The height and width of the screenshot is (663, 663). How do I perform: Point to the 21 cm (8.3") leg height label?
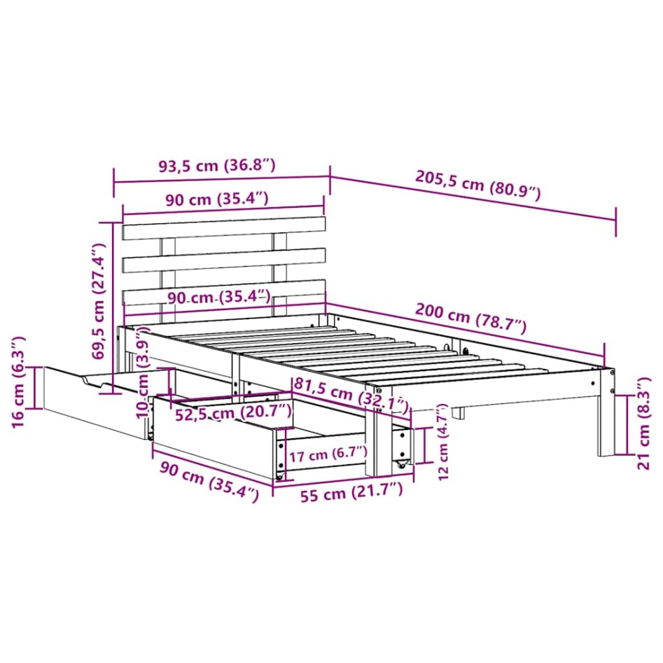[645, 423]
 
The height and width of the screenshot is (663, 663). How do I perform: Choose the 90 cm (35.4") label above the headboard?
[216, 198]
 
